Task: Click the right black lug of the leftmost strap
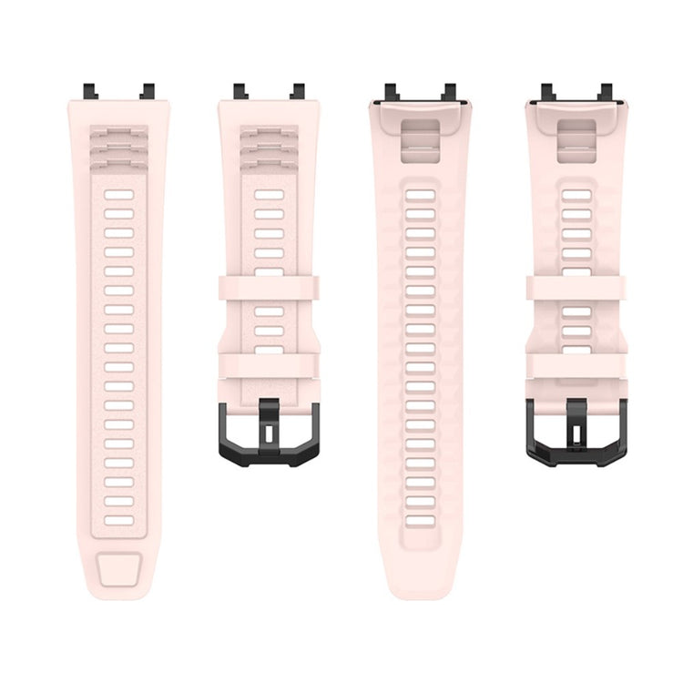tap(147, 91)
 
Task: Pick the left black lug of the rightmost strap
tap(547, 92)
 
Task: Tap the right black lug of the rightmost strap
tap(603, 92)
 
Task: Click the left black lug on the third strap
tap(392, 92)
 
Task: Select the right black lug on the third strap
tap(448, 92)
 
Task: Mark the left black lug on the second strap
tap(240, 91)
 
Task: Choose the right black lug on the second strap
tap(297, 91)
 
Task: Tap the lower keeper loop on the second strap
tap(269, 365)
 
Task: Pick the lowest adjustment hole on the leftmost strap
tap(118, 522)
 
